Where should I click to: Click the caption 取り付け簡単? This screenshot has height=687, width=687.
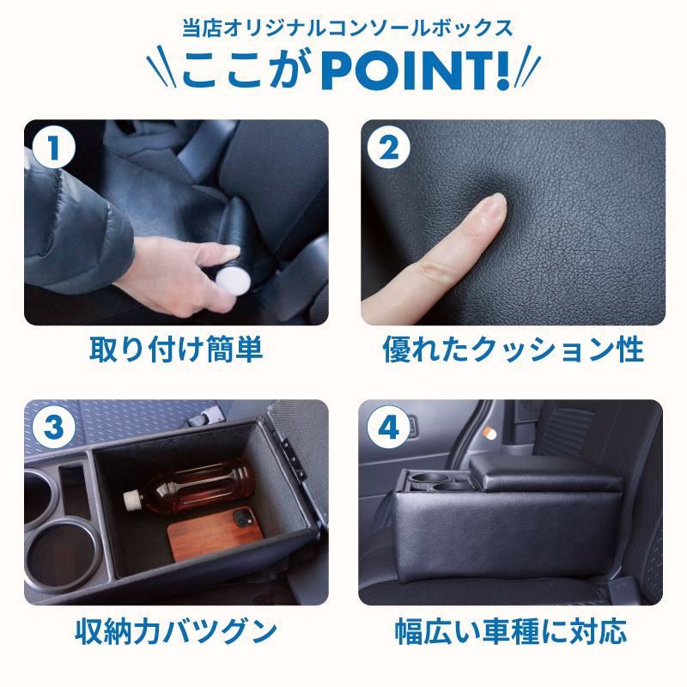click(175, 350)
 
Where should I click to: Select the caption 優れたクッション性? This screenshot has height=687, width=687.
click(512, 350)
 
